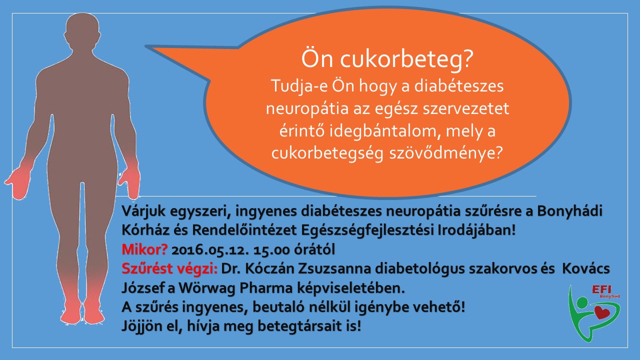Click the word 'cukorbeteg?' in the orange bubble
pyautogui.click(x=406, y=59)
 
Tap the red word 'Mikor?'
pyautogui.click(x=144, y=249)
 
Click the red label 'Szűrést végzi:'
pyautogui.click(x=169, y=269)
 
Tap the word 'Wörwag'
pyautogui.click(x=207, y=287)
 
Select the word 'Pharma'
pyautogui.click(x=266, y=288)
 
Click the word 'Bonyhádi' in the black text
pyautogui.click(x=569, y=211)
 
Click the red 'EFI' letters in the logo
pyautogui.click(x=601, y=289)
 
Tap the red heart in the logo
pyautogui.click(x=602, y=312)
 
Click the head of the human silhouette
pyautogui.click(x=82, y=31)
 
